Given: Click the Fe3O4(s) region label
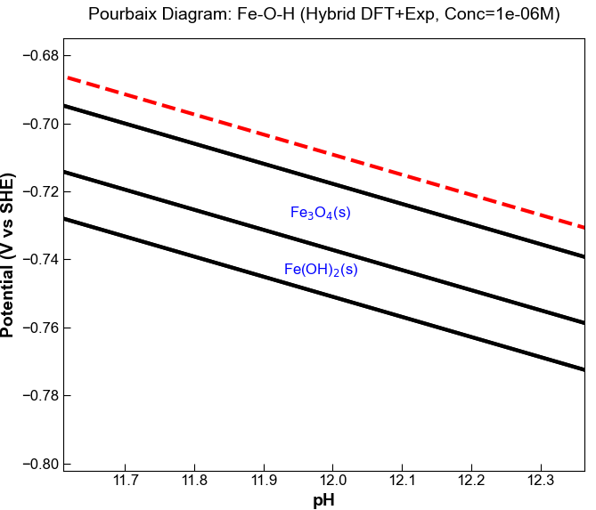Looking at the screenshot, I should click(321, 213).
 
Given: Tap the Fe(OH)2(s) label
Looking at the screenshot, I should click(321, 270).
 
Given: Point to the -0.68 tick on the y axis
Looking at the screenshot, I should click(37, 56).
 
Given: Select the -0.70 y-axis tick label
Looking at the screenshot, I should click(37, 124).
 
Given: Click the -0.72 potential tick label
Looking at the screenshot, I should click(37, 192).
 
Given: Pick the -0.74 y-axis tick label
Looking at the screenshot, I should click(37, 260).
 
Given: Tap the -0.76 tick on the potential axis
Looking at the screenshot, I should click(37, 328).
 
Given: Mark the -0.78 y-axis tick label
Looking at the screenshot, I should click(37, 396).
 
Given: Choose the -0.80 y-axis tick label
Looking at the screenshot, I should click(37, 465).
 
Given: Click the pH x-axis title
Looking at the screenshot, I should click(324, 500).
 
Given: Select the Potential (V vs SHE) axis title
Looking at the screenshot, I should click(9, 256).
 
